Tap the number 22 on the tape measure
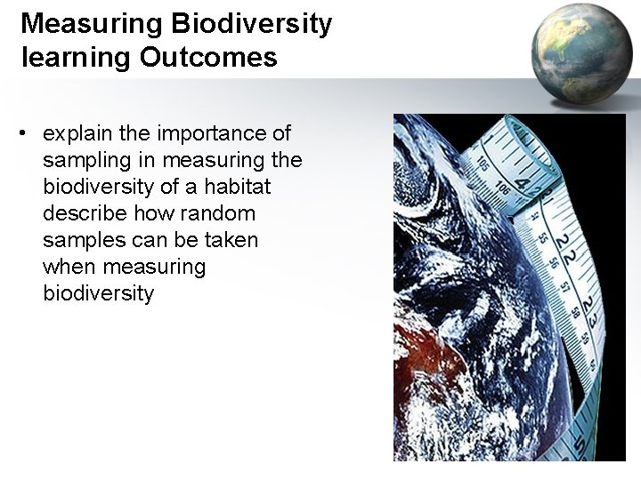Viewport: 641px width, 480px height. [564, 250]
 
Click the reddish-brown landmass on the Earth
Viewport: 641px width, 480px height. [427, 356]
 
